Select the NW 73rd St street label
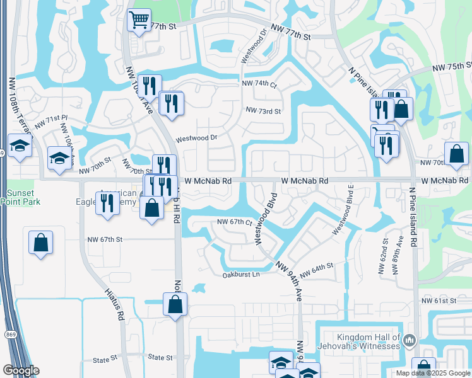(263, 110)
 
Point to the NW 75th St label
(452, 67)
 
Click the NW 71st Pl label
(50, 121)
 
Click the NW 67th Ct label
(234, 222)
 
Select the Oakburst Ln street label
(240, 275)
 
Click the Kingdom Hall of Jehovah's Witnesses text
(369, 341)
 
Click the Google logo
(20, 371)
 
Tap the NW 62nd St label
(382, 255)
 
